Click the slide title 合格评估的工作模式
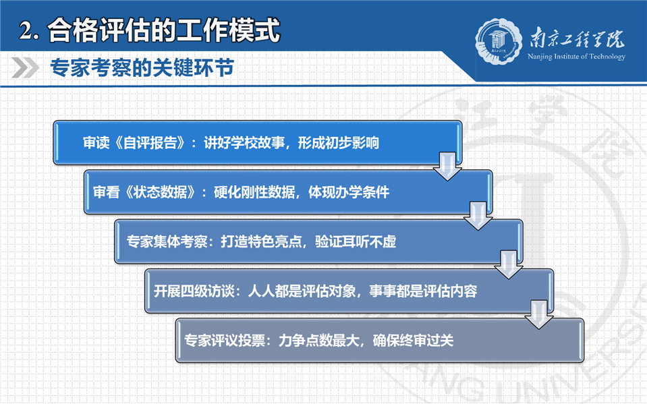pos(164,30)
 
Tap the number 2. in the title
pos(29,31)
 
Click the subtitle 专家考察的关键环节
pos(142,67)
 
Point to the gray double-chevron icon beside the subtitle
pos(25,67)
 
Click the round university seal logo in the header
pos(499,41)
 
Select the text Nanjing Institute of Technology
pos(576,57)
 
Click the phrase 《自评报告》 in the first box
pos(150,143)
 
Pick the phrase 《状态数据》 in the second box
pos(161,192)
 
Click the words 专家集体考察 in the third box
pos(167,241)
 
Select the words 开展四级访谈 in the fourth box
pos(194,291)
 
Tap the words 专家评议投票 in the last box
pos(225,341)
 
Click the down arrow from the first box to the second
pos(448,167)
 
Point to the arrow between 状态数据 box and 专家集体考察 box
pos(478,216)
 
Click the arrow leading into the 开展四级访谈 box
pos(509,264)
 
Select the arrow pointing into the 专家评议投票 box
pos(539,314)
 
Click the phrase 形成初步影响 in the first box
pos(339,143)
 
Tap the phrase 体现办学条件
pos(349,192)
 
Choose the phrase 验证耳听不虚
pos(356,241)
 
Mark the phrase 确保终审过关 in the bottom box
pos(413,341)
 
